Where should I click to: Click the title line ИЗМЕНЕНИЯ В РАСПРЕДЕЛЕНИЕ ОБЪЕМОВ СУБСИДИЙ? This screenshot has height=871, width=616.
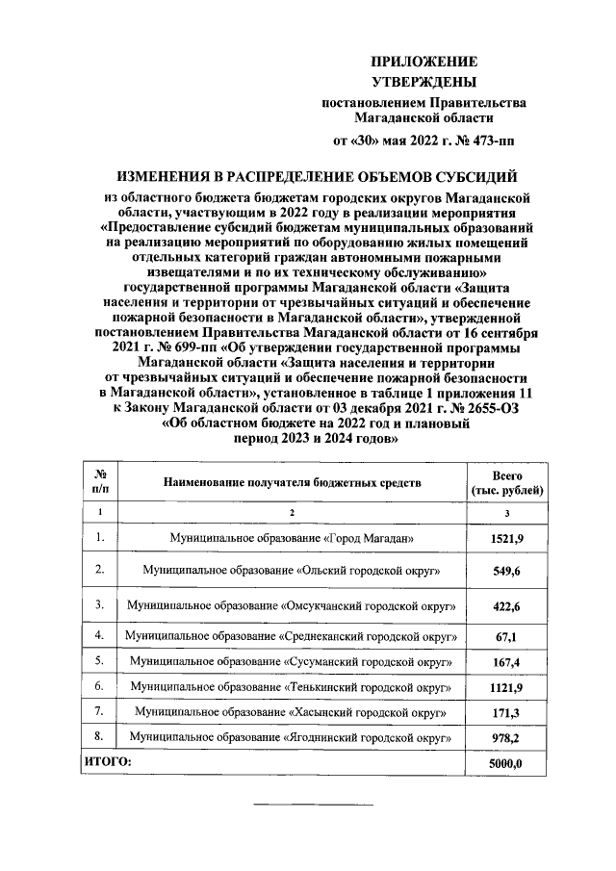(317, 177)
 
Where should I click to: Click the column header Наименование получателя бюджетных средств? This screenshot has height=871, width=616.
(291, 481)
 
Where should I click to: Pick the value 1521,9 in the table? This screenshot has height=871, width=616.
(506, 537)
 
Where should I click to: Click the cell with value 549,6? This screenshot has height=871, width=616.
(506, 571)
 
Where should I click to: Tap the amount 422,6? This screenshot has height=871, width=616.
(506, 605)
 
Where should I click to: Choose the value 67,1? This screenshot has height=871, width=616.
(506, 637)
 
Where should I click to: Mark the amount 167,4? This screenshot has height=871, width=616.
(506, 663)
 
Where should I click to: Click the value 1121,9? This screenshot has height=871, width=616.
(506, 688)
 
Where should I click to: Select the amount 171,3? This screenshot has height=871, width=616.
(506, 713)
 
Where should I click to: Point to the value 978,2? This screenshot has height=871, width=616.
(506, 738)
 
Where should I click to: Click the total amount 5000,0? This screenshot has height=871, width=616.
(506, 763)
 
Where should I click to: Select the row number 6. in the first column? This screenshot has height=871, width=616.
(99, 687)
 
